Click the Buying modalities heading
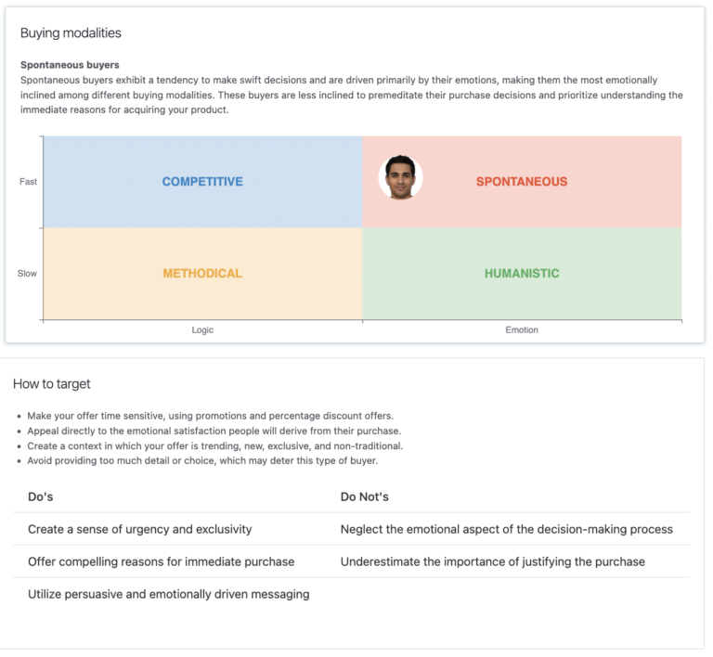[71, 33]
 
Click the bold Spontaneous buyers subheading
[70, 65]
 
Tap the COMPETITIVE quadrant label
[202, 182]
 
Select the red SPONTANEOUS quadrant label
[521, 182]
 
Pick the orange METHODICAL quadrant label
[202, 274]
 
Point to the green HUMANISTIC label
[521, 274]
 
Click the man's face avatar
[400, 177]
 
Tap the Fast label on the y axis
[29, 182]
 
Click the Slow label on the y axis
[28, 274]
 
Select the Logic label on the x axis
[202, 330]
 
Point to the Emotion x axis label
[521, 330]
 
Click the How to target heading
[52, 384]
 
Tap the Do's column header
[40, 497]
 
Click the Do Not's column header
[364, 497]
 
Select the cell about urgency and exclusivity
[139, 529]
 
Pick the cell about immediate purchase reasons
[161, 561]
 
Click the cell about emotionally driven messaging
[168, 594]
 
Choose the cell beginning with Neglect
[506, 529]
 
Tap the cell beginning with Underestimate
[492, 561]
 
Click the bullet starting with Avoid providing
[201, 460]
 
